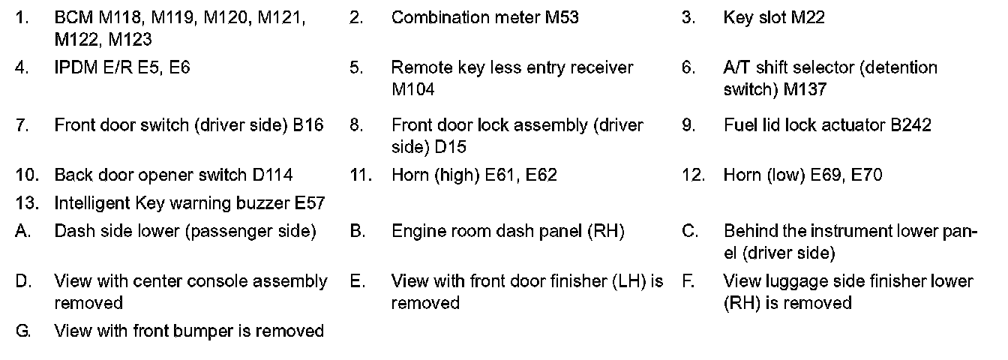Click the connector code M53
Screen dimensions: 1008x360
[561, 17]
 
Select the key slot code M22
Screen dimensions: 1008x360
[808, 17]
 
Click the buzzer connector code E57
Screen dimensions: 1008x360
[310, 203]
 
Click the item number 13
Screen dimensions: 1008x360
[24, 203]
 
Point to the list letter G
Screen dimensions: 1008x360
[23, 331]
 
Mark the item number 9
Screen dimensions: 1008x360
[688, 125]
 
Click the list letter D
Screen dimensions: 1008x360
[23, 282]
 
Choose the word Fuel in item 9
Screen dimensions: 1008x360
[739, 125]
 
